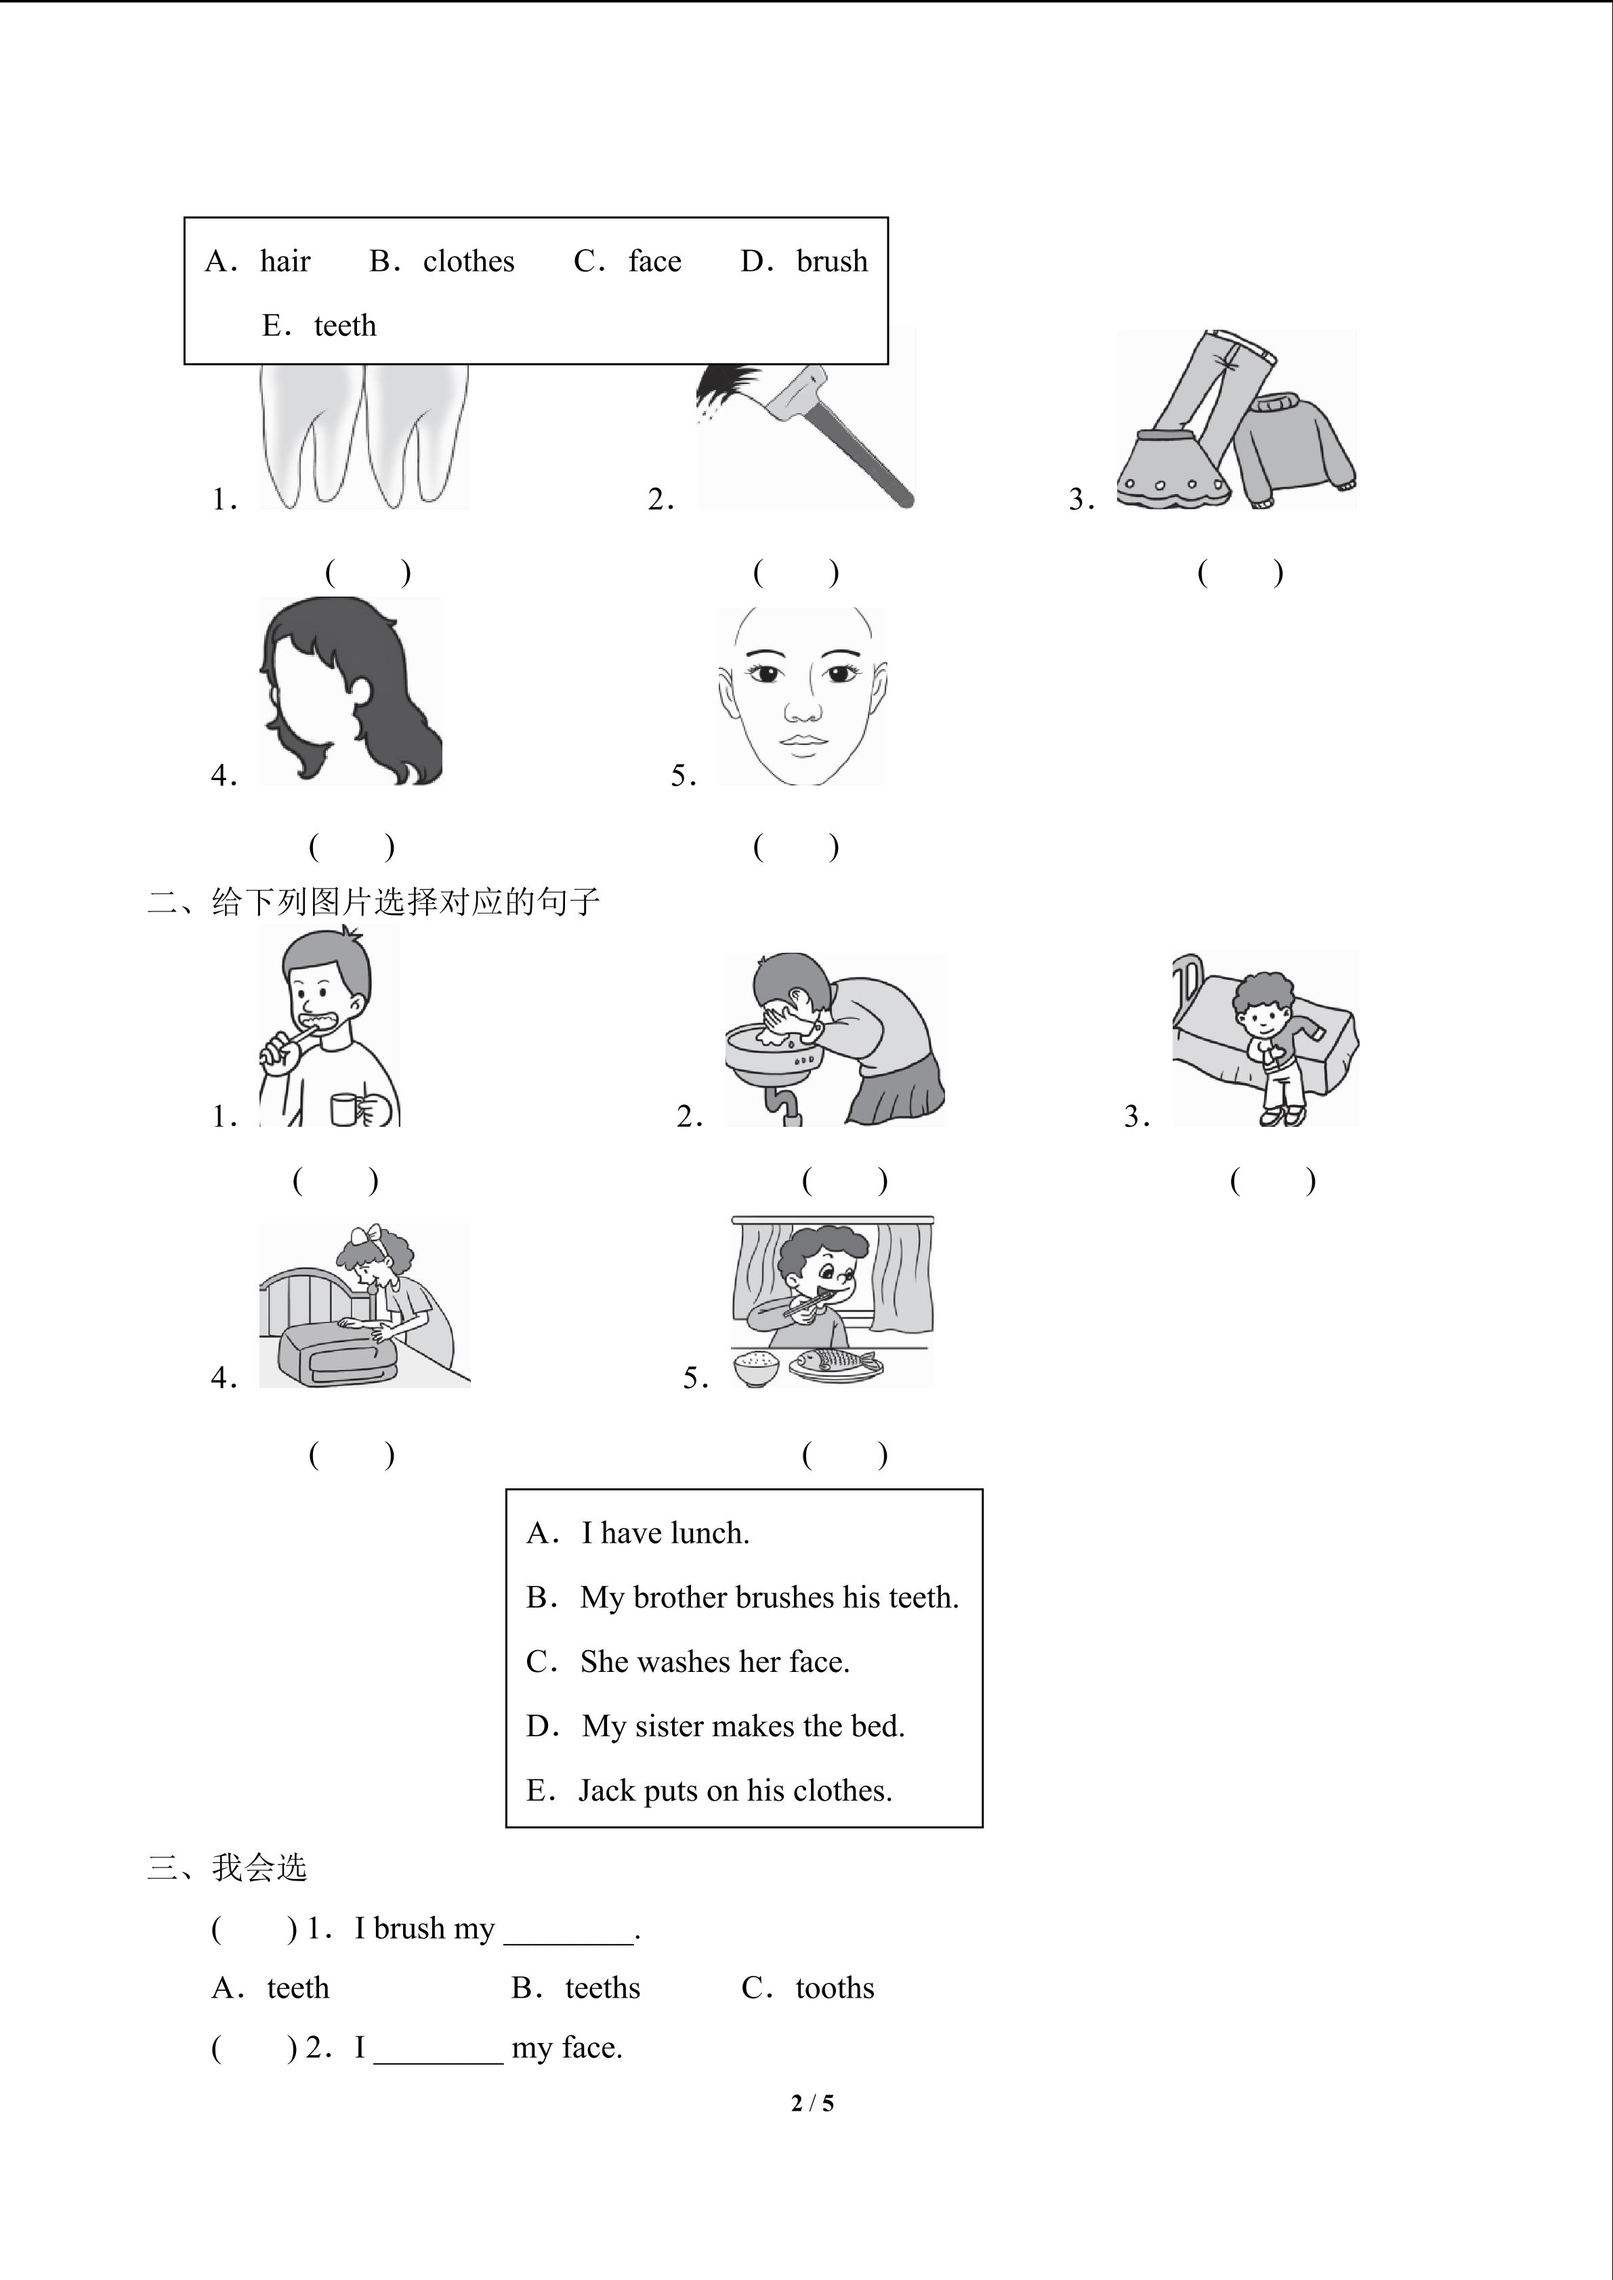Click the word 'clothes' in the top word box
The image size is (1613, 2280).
point(469,261)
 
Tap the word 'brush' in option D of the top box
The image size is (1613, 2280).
point(833,261)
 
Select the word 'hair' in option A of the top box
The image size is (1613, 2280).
point(285,261)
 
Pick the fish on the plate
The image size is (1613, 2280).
point(836,1362)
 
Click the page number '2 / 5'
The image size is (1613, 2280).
point(812,2103)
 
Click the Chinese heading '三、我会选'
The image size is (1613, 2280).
point(228,1868)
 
